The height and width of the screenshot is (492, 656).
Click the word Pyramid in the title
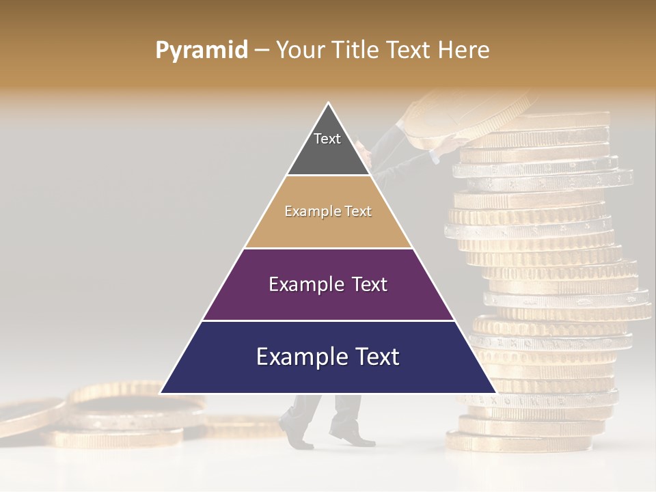click(201, 50)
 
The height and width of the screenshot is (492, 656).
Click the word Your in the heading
click(299, 50)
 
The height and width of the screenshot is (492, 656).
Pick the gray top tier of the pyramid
click(328, 154)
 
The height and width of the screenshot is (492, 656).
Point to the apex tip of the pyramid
click(329, 104)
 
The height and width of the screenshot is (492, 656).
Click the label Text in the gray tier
click(327, 139)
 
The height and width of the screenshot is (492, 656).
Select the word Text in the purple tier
click(370, 284)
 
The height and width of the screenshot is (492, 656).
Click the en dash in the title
click(262, 50)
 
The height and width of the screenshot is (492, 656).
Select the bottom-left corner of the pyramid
click(161, 393)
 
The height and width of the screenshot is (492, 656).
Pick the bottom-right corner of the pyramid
click(495, 393)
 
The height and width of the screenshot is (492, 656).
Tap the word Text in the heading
click(409, 50)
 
